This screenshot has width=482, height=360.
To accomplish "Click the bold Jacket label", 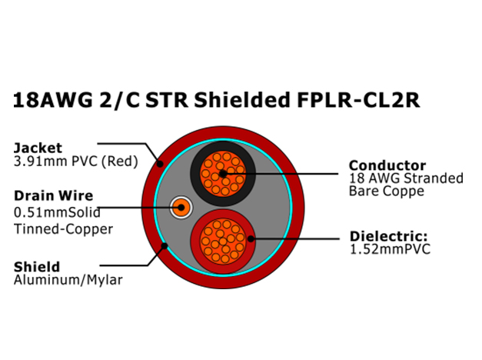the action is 38,148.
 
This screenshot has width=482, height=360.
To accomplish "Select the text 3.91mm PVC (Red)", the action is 76,162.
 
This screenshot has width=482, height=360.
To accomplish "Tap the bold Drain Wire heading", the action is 54,195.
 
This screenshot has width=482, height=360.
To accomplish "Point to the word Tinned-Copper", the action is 63,229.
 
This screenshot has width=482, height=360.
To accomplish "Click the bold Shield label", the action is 37,267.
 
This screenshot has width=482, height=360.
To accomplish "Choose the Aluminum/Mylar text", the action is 68,280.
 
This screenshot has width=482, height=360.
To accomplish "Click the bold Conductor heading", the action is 387,165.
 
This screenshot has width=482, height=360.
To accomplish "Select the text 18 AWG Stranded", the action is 406,178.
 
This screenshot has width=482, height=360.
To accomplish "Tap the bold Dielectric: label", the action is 388,236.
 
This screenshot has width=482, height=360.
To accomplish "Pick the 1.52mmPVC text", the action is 390,249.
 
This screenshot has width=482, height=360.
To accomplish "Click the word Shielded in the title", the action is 242,100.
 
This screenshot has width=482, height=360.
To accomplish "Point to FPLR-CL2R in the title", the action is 358,100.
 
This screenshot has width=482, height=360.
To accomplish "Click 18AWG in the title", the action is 52,100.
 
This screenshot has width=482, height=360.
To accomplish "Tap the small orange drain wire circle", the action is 181,208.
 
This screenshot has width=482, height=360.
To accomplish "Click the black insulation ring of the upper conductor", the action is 194,174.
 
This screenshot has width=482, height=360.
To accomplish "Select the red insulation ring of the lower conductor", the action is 195,242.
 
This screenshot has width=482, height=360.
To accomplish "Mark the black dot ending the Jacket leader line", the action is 160,164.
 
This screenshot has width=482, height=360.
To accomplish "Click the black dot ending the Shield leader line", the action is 165,246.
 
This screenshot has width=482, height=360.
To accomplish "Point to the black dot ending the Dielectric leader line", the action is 251,238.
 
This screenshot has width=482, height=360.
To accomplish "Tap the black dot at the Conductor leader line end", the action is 223,174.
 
